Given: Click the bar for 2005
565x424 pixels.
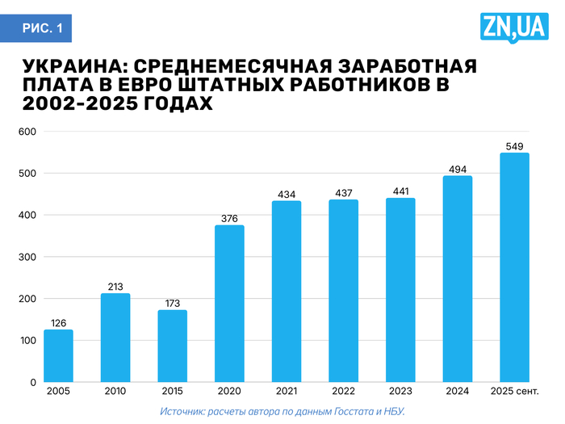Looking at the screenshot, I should coord(58,355).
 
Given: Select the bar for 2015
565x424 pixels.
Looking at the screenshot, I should coord(172,346).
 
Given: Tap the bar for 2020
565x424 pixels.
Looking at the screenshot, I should coord(229,303).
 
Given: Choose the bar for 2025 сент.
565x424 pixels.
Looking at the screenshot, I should coord(514,267).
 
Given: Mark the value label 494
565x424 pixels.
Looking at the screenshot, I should coord(458,168).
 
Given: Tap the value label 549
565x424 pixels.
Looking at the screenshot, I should coord(514,145).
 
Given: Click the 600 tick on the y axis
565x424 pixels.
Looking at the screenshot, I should coord(27,132).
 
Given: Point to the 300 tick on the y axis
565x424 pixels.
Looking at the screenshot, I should coord(27,257).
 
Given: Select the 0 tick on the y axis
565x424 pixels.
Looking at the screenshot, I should coord(33,382).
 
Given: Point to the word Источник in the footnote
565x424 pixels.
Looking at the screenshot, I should coord(182,412).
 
